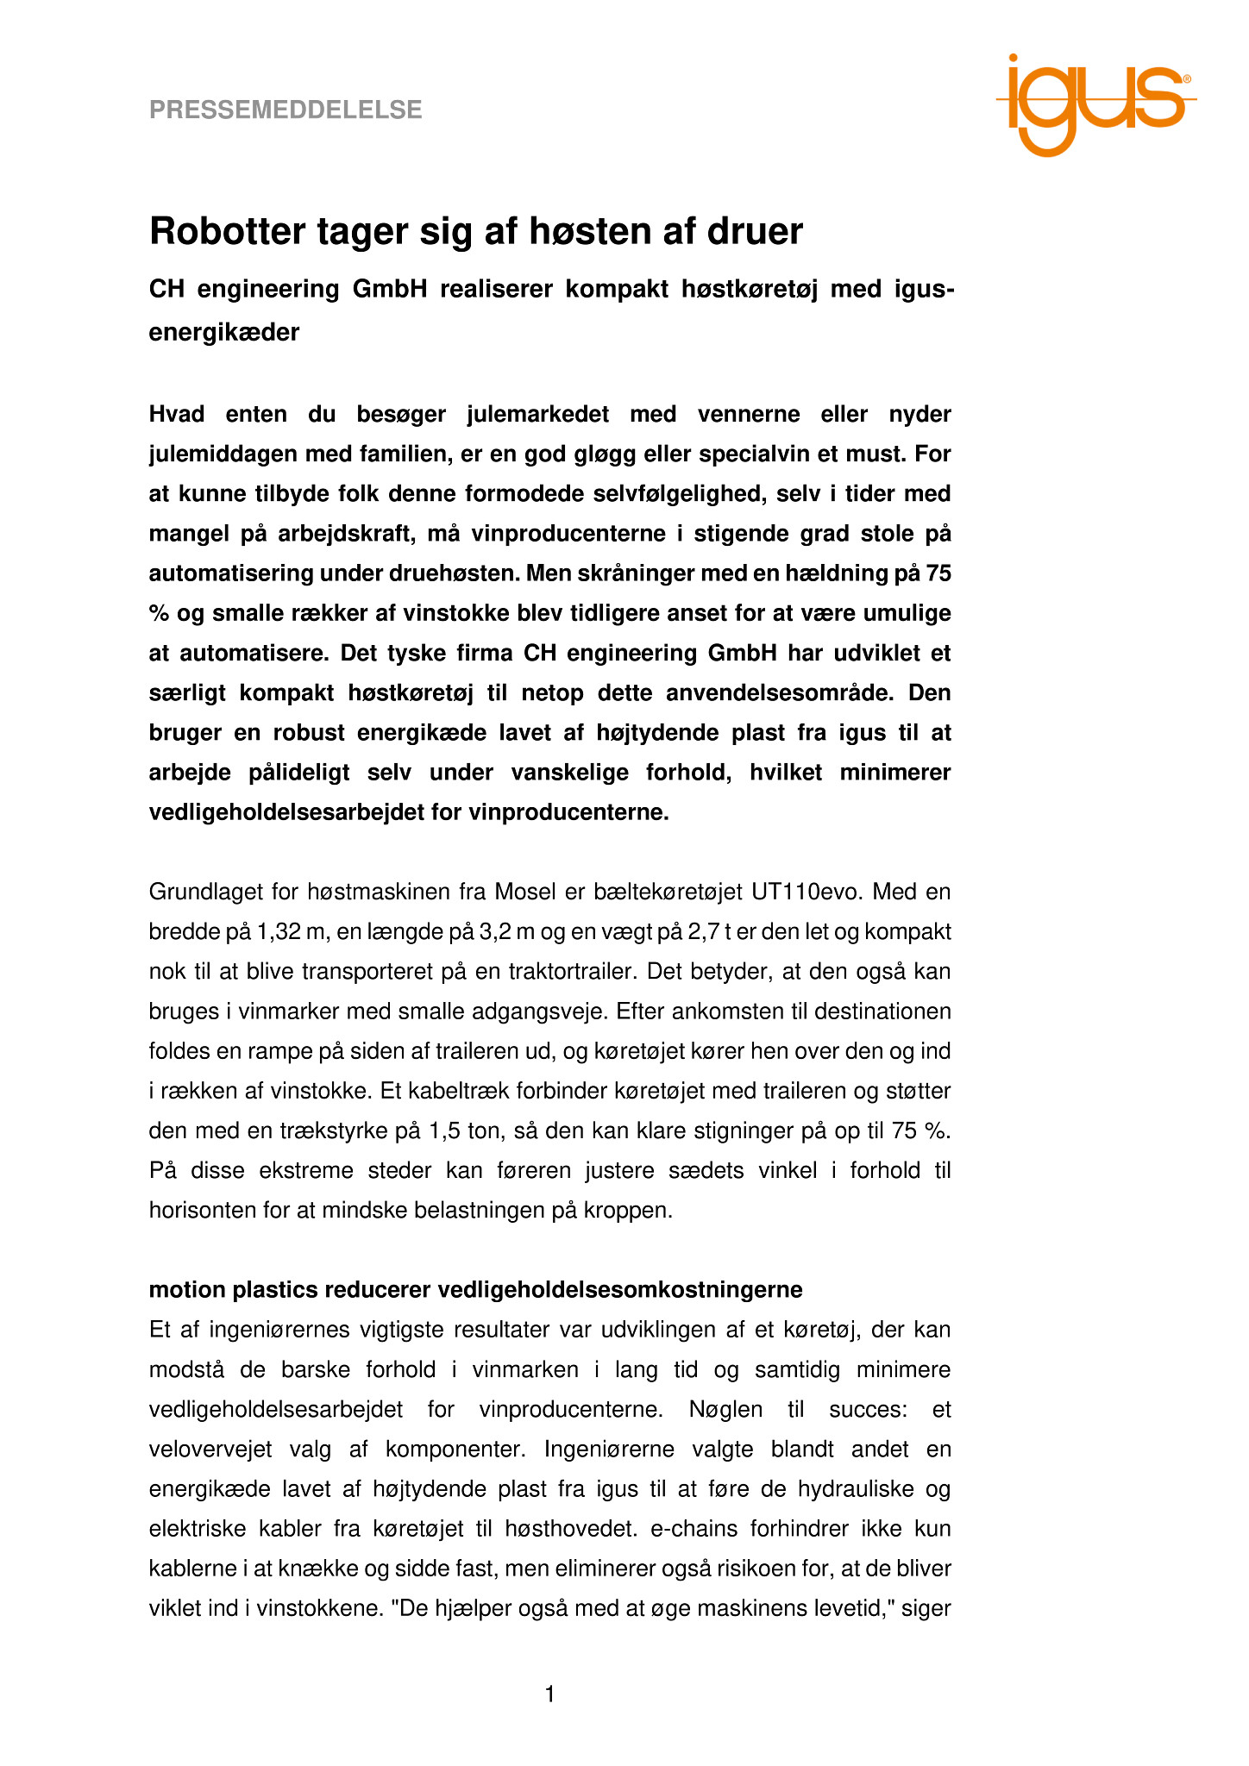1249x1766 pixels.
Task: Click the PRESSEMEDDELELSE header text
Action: tap(286, 110)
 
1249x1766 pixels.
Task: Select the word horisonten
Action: tap(204, 1211)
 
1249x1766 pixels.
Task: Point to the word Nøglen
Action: tap(725, 1410)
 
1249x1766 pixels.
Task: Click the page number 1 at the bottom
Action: tap(549, 1695)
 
